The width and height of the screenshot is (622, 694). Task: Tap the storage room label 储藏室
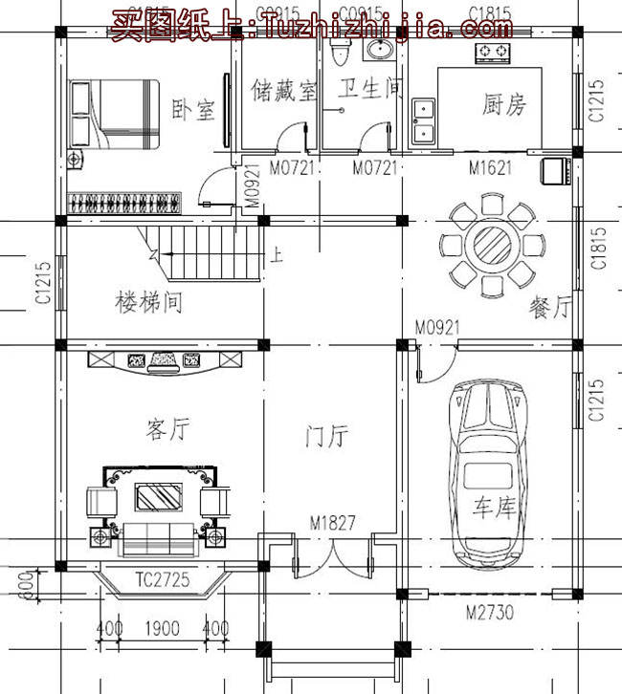[284, 91]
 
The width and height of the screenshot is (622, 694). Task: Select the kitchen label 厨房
[503, 104]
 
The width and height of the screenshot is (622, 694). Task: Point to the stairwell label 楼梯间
[148, 304]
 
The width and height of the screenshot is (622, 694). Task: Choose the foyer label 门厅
[325, 437]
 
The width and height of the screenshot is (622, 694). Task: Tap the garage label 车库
[493, 507]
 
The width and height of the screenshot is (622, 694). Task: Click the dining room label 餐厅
[549, 308]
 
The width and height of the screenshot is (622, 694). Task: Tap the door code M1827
[332, 524]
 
